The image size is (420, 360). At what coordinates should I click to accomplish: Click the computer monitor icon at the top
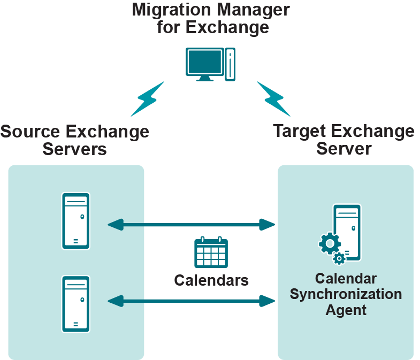click(x=204, y=64)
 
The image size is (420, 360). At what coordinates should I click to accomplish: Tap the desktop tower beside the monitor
click(x=230, y=64)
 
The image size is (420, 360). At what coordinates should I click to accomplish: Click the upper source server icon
click(x=76, y=220)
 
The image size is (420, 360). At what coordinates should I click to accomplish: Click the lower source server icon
click(x=76, y=303)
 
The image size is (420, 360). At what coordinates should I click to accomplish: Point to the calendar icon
click(x=211, y=252)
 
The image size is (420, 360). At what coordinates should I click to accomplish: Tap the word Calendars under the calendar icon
click(x=211, y=280)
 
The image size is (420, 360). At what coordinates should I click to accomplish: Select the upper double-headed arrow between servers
click(x=191, y=224)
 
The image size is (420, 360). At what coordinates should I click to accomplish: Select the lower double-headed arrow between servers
click(x=191, y=301)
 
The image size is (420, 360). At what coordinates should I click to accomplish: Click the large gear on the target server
click(x=330, y=243)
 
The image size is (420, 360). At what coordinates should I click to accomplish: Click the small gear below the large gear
click(x=339, y=259)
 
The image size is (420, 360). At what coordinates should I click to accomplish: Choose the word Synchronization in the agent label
click(x=346, y=294)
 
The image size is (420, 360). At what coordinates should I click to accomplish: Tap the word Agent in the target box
click(x=346, y=310)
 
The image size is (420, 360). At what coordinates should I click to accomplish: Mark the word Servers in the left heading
click(x=75, y=149)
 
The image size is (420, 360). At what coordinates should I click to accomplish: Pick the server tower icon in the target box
click(x=347, y=232)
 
